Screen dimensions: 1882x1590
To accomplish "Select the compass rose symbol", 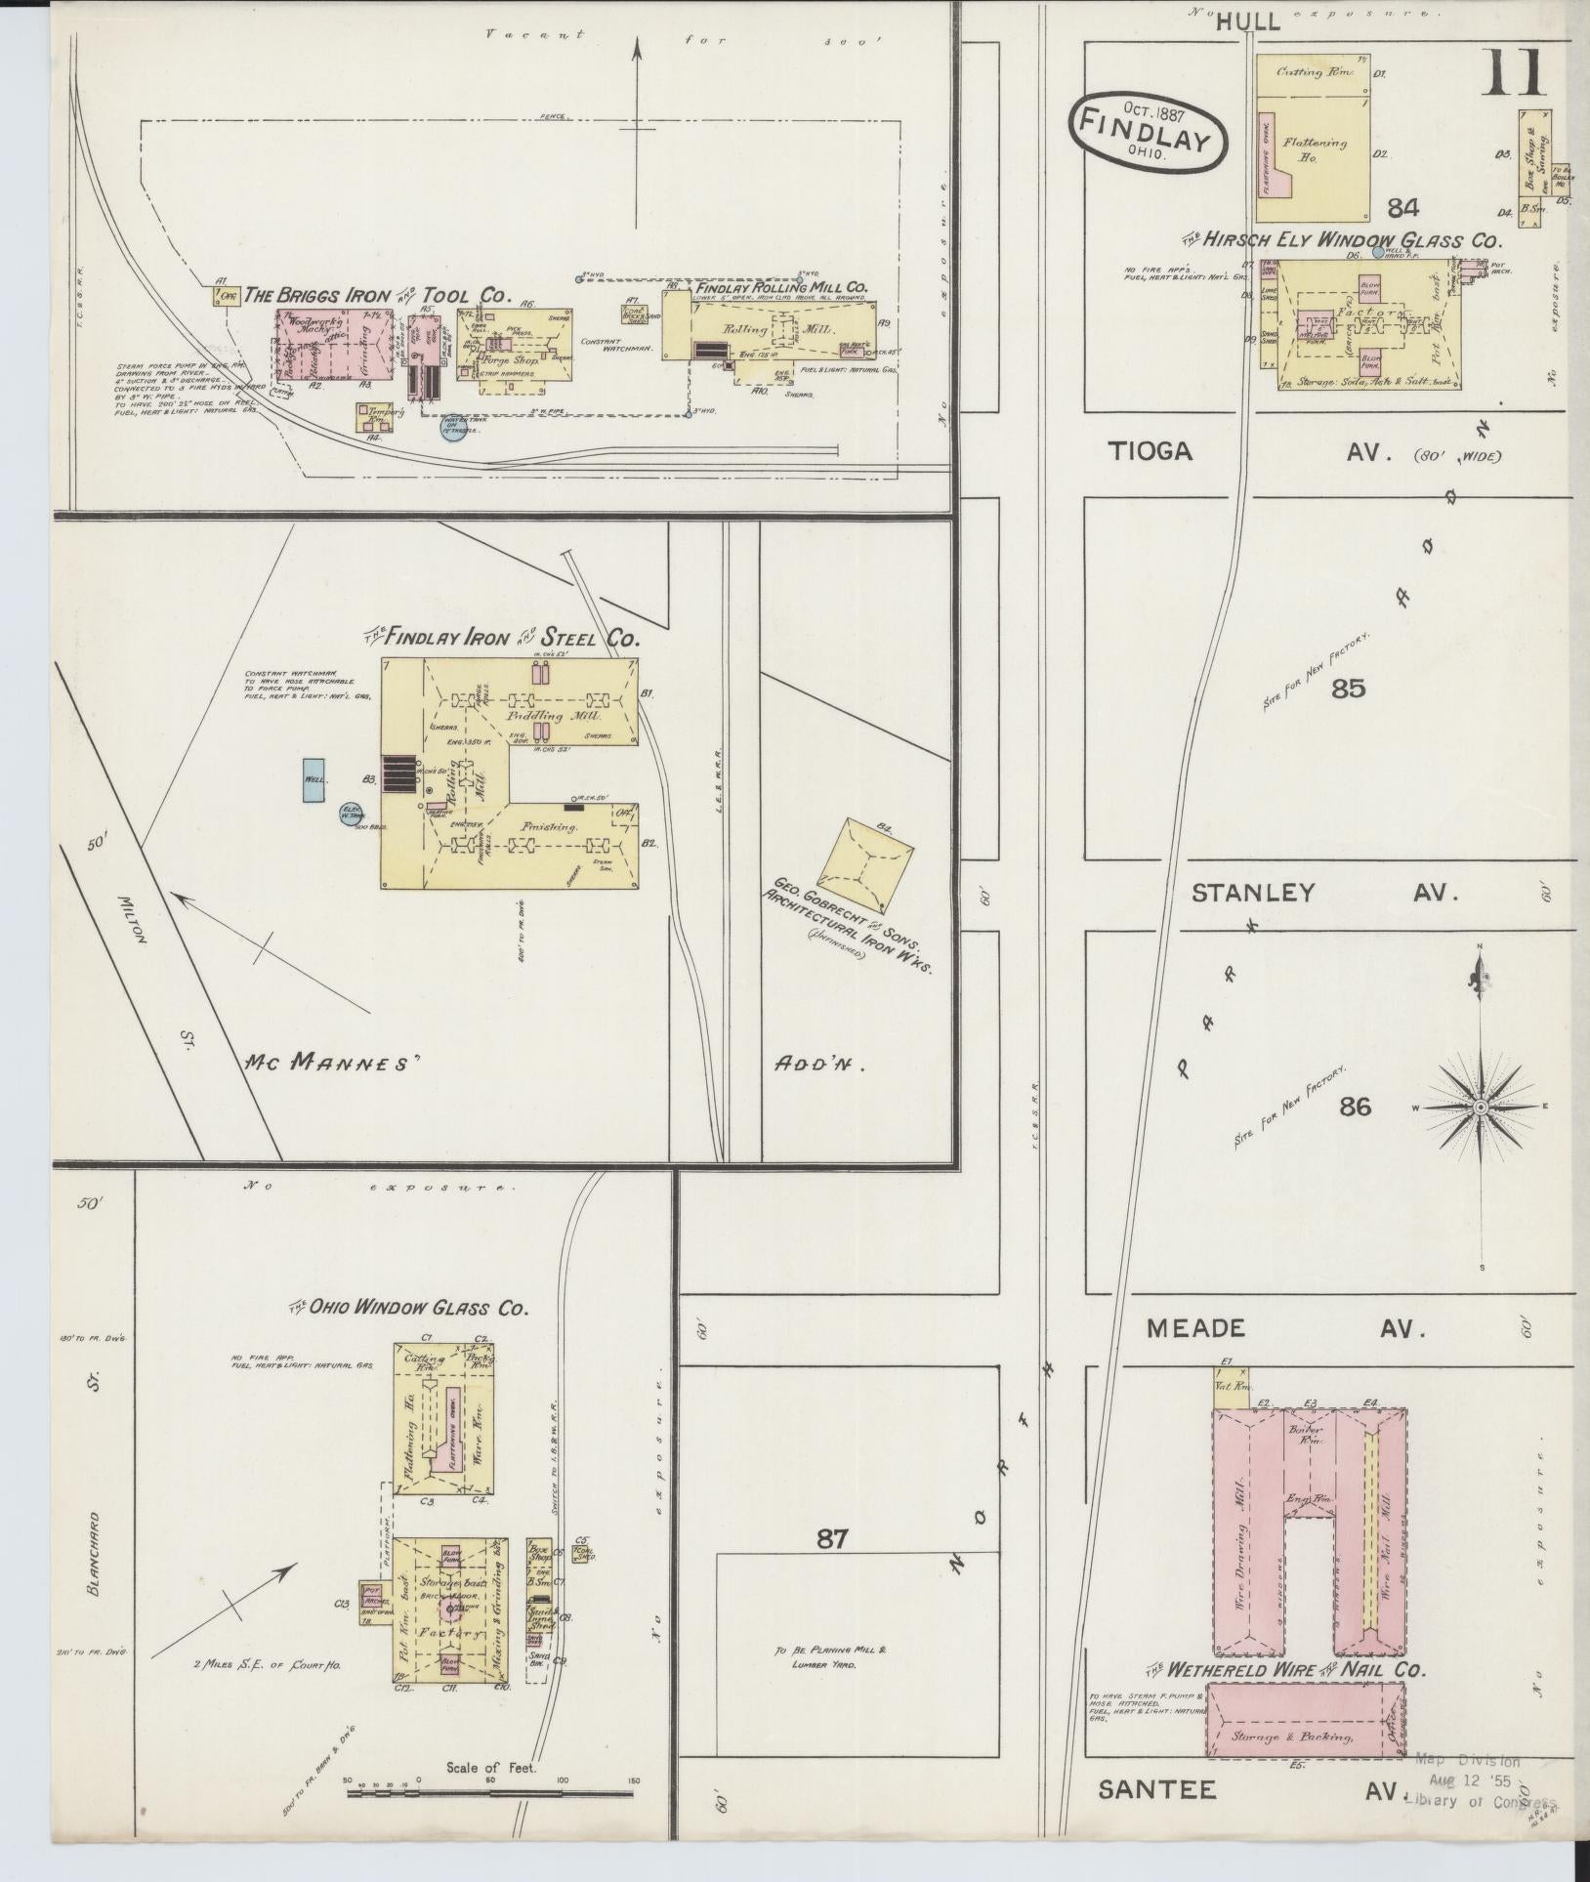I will click(1480, 1107).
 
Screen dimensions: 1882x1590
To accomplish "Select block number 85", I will click(1347, 689).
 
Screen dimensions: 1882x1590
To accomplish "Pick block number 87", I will click(831, 1539).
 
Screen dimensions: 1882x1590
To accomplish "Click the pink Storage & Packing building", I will click(1305, 1736).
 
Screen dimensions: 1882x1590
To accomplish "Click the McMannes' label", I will click(329, 1061).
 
